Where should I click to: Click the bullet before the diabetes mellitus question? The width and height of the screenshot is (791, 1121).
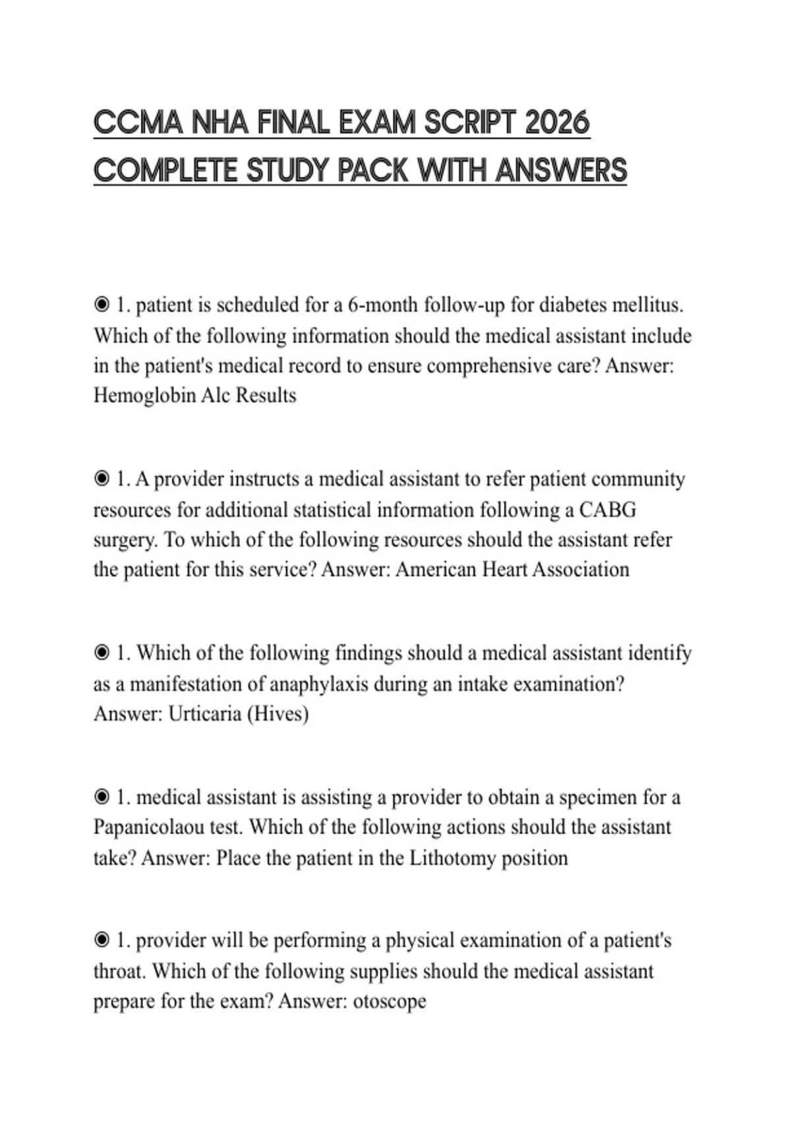click(102, 305)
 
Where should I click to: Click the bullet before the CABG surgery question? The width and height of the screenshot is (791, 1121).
click(102, 479)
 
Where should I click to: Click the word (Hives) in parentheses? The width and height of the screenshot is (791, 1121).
click(278, 713)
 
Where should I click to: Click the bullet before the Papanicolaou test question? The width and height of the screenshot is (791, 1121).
click(102, 797)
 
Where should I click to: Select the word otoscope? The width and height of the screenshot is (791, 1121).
click(390, 1001)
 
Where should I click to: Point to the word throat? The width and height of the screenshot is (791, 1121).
click(119, 971)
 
